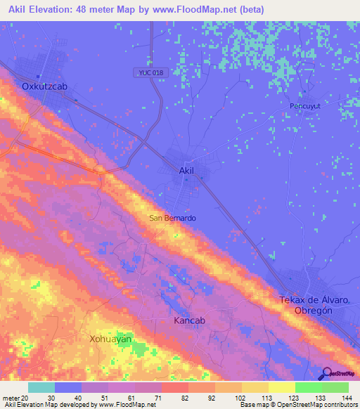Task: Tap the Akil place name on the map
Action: [186, 171]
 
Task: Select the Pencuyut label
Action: [305, 106]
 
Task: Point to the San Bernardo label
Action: [172, 218]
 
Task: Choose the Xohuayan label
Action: [110, 339]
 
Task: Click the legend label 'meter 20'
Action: [15, 398]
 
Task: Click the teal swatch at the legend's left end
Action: [41, 387]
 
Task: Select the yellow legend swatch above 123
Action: [281, 387]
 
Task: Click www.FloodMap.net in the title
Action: [213, 9]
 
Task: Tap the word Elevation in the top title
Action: [56, 9]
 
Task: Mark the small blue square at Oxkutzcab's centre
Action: [39, 77]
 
